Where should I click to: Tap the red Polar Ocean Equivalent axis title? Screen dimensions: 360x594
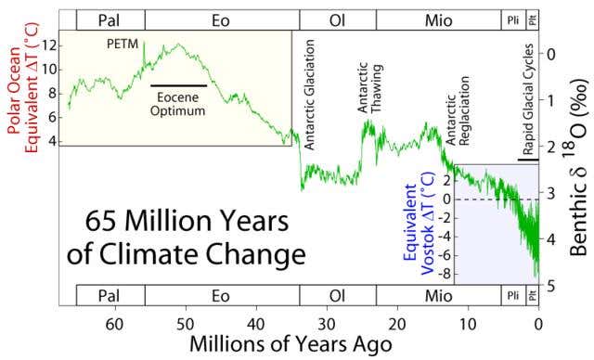point(22,73)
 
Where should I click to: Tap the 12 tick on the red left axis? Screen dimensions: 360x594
point(50,44)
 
